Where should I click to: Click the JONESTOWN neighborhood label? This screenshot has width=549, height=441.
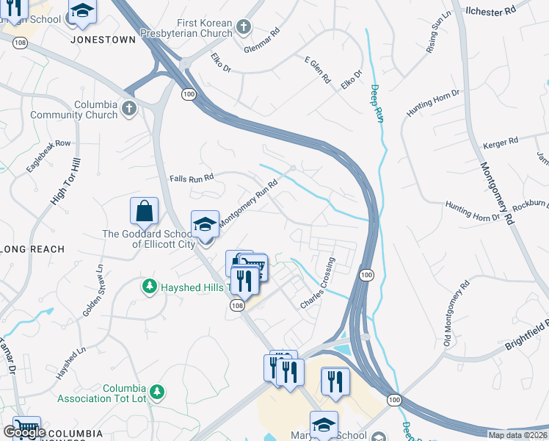pyautogui.click(x=103, y=40)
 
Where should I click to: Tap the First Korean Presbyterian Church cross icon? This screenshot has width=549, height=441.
pyautogui.click(x=244, y=29)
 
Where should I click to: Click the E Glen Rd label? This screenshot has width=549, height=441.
pyautogui.click(x=316, y=70)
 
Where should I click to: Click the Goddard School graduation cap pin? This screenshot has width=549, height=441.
pyautogui.click(x=206, y=224)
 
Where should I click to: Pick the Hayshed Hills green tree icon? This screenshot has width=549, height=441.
pyautogui.click(x=150, y=285)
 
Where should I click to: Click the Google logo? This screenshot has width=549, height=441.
pyautogui.click(x=23, y=432)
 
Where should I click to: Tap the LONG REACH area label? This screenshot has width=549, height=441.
pyautogui.click(x=32, y=250)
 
